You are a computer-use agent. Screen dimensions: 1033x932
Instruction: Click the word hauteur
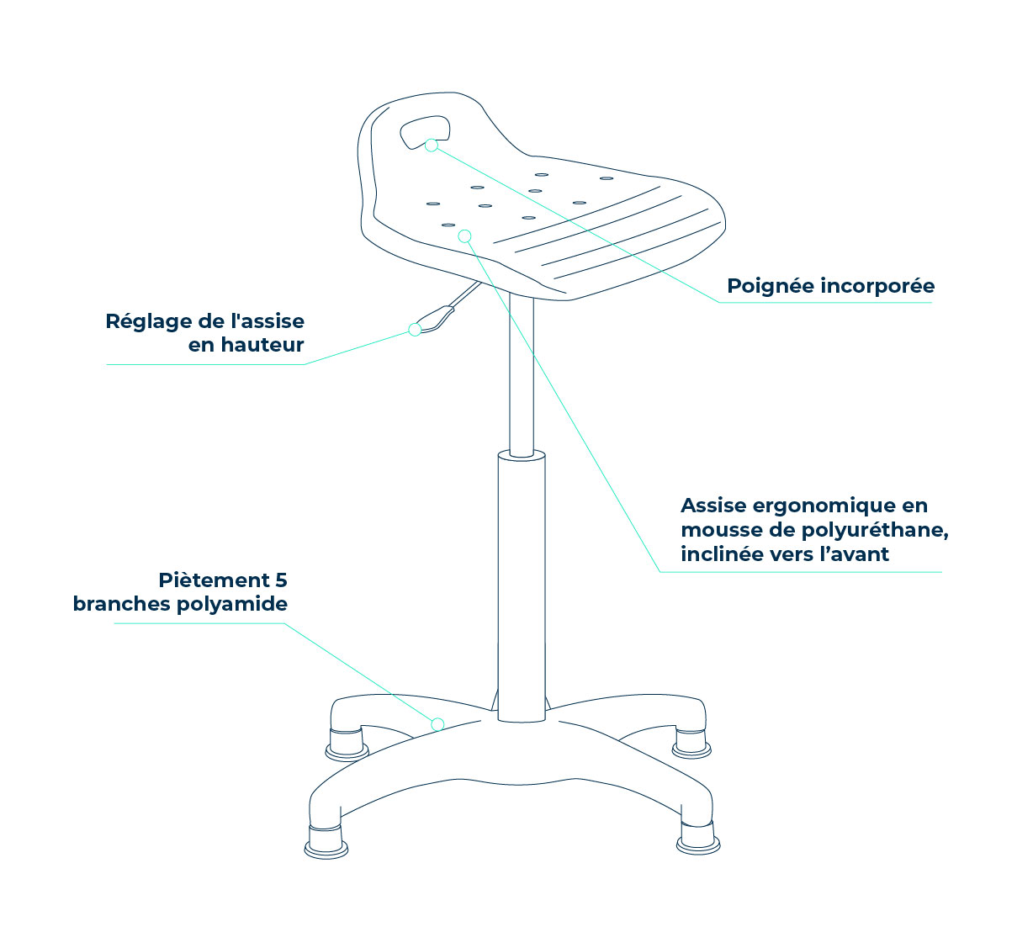pos(262,345)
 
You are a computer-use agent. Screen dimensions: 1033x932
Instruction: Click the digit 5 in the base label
pos(281,580)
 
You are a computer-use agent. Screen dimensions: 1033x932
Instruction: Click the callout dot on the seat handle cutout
pos(432,146)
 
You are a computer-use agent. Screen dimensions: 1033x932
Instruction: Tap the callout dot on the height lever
pos(415,330)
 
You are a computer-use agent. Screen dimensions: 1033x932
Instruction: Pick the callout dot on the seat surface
pos(464,236)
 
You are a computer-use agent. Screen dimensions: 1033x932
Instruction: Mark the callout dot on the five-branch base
pos(437,725)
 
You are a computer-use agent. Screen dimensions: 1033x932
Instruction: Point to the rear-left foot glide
pos(347,745)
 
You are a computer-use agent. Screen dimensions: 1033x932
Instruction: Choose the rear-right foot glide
pos(691,744)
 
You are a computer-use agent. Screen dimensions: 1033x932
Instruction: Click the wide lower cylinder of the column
pos(522,586)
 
